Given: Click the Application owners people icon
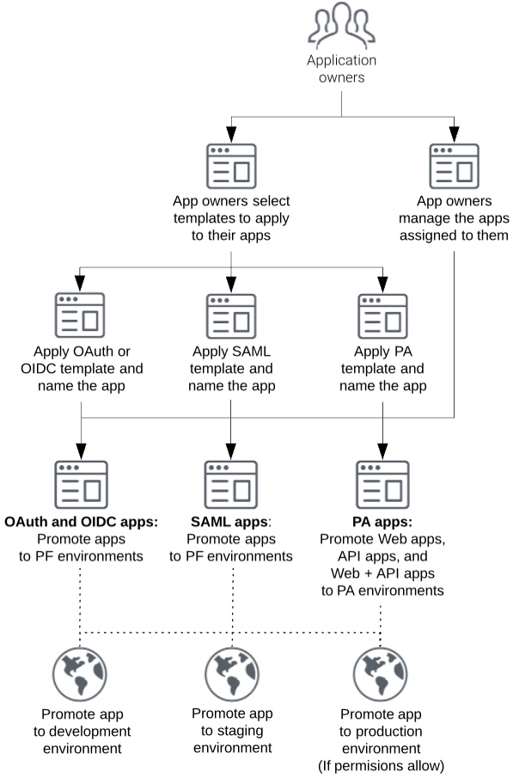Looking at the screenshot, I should (x=342, y=27).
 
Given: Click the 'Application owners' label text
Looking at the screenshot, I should (x=342, y=70).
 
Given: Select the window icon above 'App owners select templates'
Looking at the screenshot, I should (x=231, y=166).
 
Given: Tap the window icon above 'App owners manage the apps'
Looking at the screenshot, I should (x=454, y=166).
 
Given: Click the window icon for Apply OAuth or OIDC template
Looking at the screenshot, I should (x=80, y=315).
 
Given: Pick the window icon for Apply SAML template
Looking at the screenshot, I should (x=231, y=315).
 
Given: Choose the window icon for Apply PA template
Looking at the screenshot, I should (x=382, y=315).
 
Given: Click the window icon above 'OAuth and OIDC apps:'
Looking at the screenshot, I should (x=80, y=483).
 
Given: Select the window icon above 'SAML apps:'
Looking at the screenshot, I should (x=231, y=483).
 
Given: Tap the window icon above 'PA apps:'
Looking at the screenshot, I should (x=382, y=483).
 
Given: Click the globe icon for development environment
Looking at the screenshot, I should (x=80, y=675).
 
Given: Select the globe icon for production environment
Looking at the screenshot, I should (x=382, y=675).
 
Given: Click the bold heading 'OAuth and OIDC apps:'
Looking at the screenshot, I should (x=82, y=522).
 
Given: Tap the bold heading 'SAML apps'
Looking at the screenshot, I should (x=229, y=522).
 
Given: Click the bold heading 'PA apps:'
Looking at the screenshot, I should (x=382, y=522).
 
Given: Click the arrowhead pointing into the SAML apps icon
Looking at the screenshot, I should (x=231, y=450).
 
